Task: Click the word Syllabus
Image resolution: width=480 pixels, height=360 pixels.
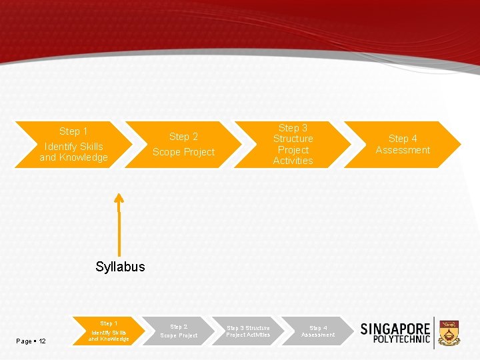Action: [x=120, y=267]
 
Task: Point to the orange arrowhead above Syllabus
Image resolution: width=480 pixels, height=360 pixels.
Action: [x=119, y=198]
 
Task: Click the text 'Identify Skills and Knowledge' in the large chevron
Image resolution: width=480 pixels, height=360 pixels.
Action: [x=73, y=152]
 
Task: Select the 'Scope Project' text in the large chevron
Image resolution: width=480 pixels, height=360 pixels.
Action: [x=183, y=152]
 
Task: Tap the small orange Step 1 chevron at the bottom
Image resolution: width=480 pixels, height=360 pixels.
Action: [x=109, y=331]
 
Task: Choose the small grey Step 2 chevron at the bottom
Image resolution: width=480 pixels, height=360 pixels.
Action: [x=179, y=331]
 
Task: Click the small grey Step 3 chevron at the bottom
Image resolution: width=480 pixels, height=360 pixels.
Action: [x=248, y=331]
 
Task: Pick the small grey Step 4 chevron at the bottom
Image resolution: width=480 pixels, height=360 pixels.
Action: [x=318, y=331]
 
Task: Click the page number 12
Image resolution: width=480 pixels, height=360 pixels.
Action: [x=42, y=341]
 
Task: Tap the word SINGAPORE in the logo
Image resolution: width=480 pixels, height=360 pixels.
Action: [x=395, y=329]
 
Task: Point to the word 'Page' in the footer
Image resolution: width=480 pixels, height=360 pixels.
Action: [x=25, y=341]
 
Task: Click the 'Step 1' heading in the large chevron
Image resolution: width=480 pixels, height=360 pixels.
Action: [x=73, y=131]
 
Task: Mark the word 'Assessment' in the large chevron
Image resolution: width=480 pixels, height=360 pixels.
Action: [x=403, y=150]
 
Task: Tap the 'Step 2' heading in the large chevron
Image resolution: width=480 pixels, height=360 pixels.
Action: [x=183, y=137]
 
